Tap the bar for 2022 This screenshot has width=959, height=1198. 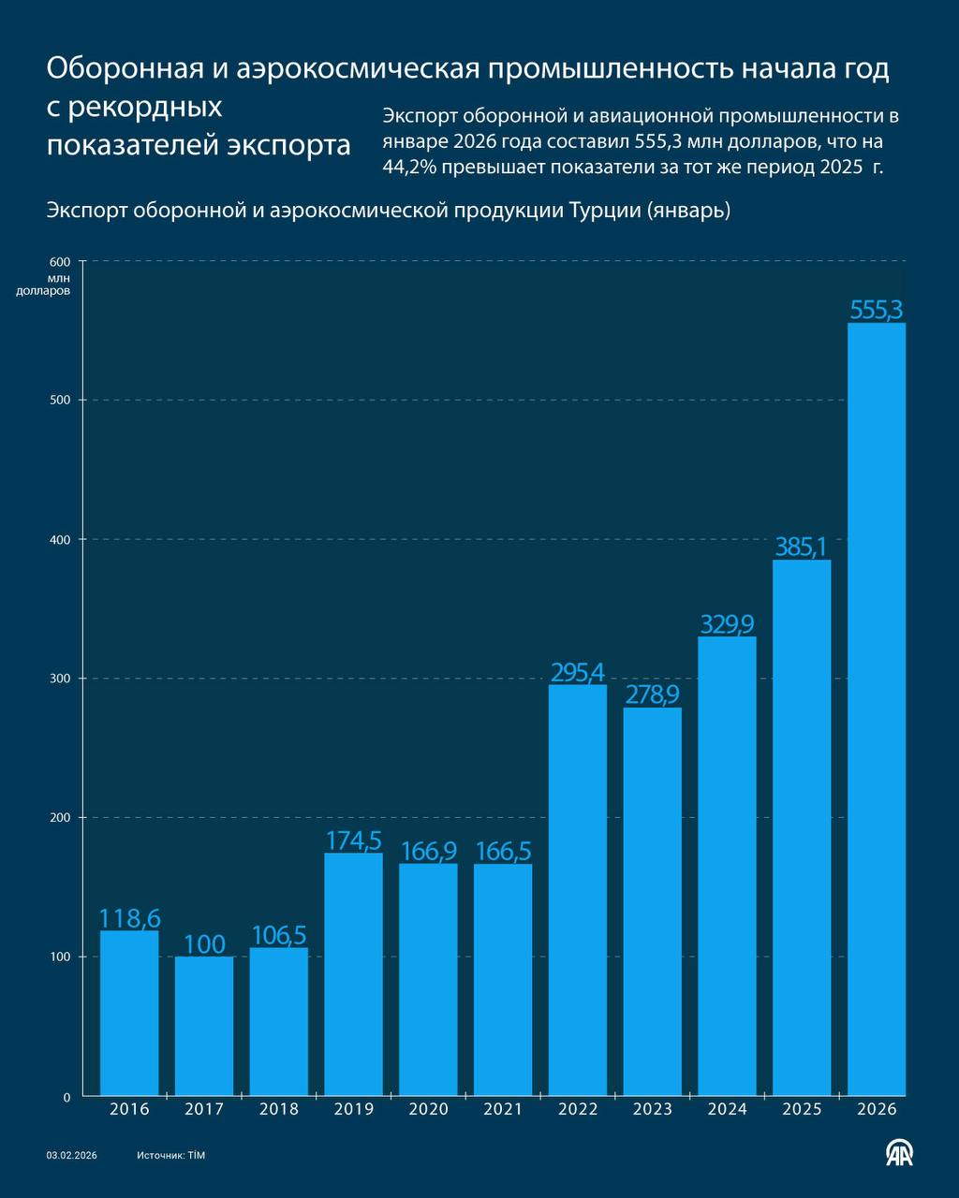[x=578, y=889]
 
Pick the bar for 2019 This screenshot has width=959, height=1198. [x=353, y=973]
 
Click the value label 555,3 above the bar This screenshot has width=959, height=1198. [x=877, y=310]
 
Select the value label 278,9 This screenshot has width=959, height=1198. [x=653, y=694]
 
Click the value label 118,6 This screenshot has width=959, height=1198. [x=129, y=918]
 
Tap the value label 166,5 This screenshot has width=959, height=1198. [x=503, y=852]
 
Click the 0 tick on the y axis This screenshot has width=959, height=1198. [x=66, y=1096]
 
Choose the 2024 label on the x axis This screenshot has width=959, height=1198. [x=728, y=1109]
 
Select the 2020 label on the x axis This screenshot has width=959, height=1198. [x=428, y=1109]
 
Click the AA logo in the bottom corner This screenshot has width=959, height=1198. [x=900, y=1154]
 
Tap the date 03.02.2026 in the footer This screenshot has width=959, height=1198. [x=72, y=1156]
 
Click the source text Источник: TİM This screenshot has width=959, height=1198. [x=170, y=1156]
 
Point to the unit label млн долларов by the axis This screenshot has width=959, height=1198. [x=44, y=284]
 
